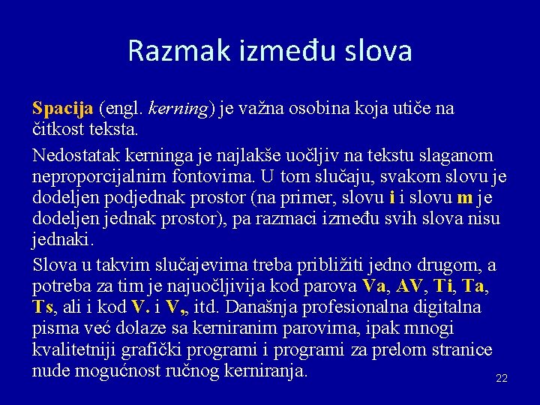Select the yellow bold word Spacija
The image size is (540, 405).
pos(62,108)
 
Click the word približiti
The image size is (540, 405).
pos(340,265)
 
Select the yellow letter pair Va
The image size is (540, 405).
pos(373,286)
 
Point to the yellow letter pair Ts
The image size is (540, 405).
pos(44,307)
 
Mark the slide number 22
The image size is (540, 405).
pos(502,379)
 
